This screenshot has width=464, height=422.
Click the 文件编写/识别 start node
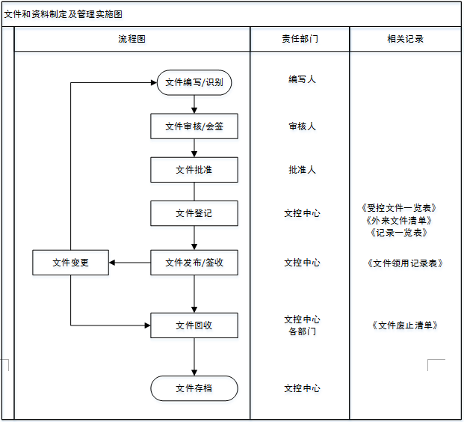[x=194, y=82]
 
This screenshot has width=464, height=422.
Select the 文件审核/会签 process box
[x=194, y=126]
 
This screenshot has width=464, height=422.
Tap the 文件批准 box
[x=194, y=170]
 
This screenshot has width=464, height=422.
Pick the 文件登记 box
[x=194, y=213]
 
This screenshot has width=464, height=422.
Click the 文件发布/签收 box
[x=194, y=263]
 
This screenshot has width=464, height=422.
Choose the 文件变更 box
[x=71, y=263]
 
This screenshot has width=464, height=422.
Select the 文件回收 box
[x=194, y=325]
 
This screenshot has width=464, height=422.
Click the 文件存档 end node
[x=194, y=388]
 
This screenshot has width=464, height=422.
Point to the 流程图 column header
[x=132, y=39]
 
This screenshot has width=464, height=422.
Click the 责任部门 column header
[x=300, y=39]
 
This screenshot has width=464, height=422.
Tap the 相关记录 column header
[x=406, y=39]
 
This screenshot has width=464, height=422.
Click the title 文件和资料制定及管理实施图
[x=64, y=14]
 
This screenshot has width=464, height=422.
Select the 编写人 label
[x=302, y=79]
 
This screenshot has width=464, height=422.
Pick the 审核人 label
[x=302, y=126]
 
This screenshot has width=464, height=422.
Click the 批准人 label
[x=302, y=170]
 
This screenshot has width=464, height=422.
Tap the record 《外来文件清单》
[x=398, y=220]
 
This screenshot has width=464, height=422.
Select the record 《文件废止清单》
[x=403, y=325]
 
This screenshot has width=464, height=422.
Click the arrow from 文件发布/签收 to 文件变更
[x=130, y=263]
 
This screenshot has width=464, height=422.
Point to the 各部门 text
[x=302, y=331]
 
